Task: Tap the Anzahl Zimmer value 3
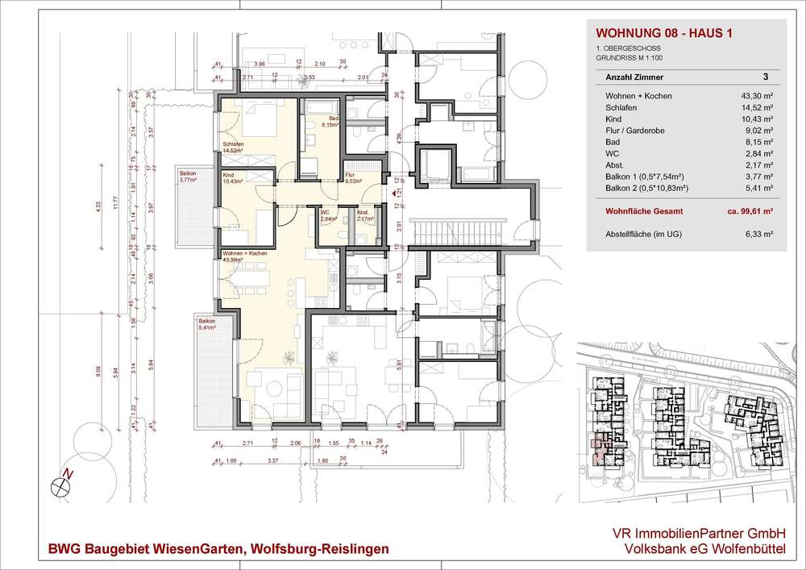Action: coord(764,77)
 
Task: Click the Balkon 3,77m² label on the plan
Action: coord(191,178)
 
